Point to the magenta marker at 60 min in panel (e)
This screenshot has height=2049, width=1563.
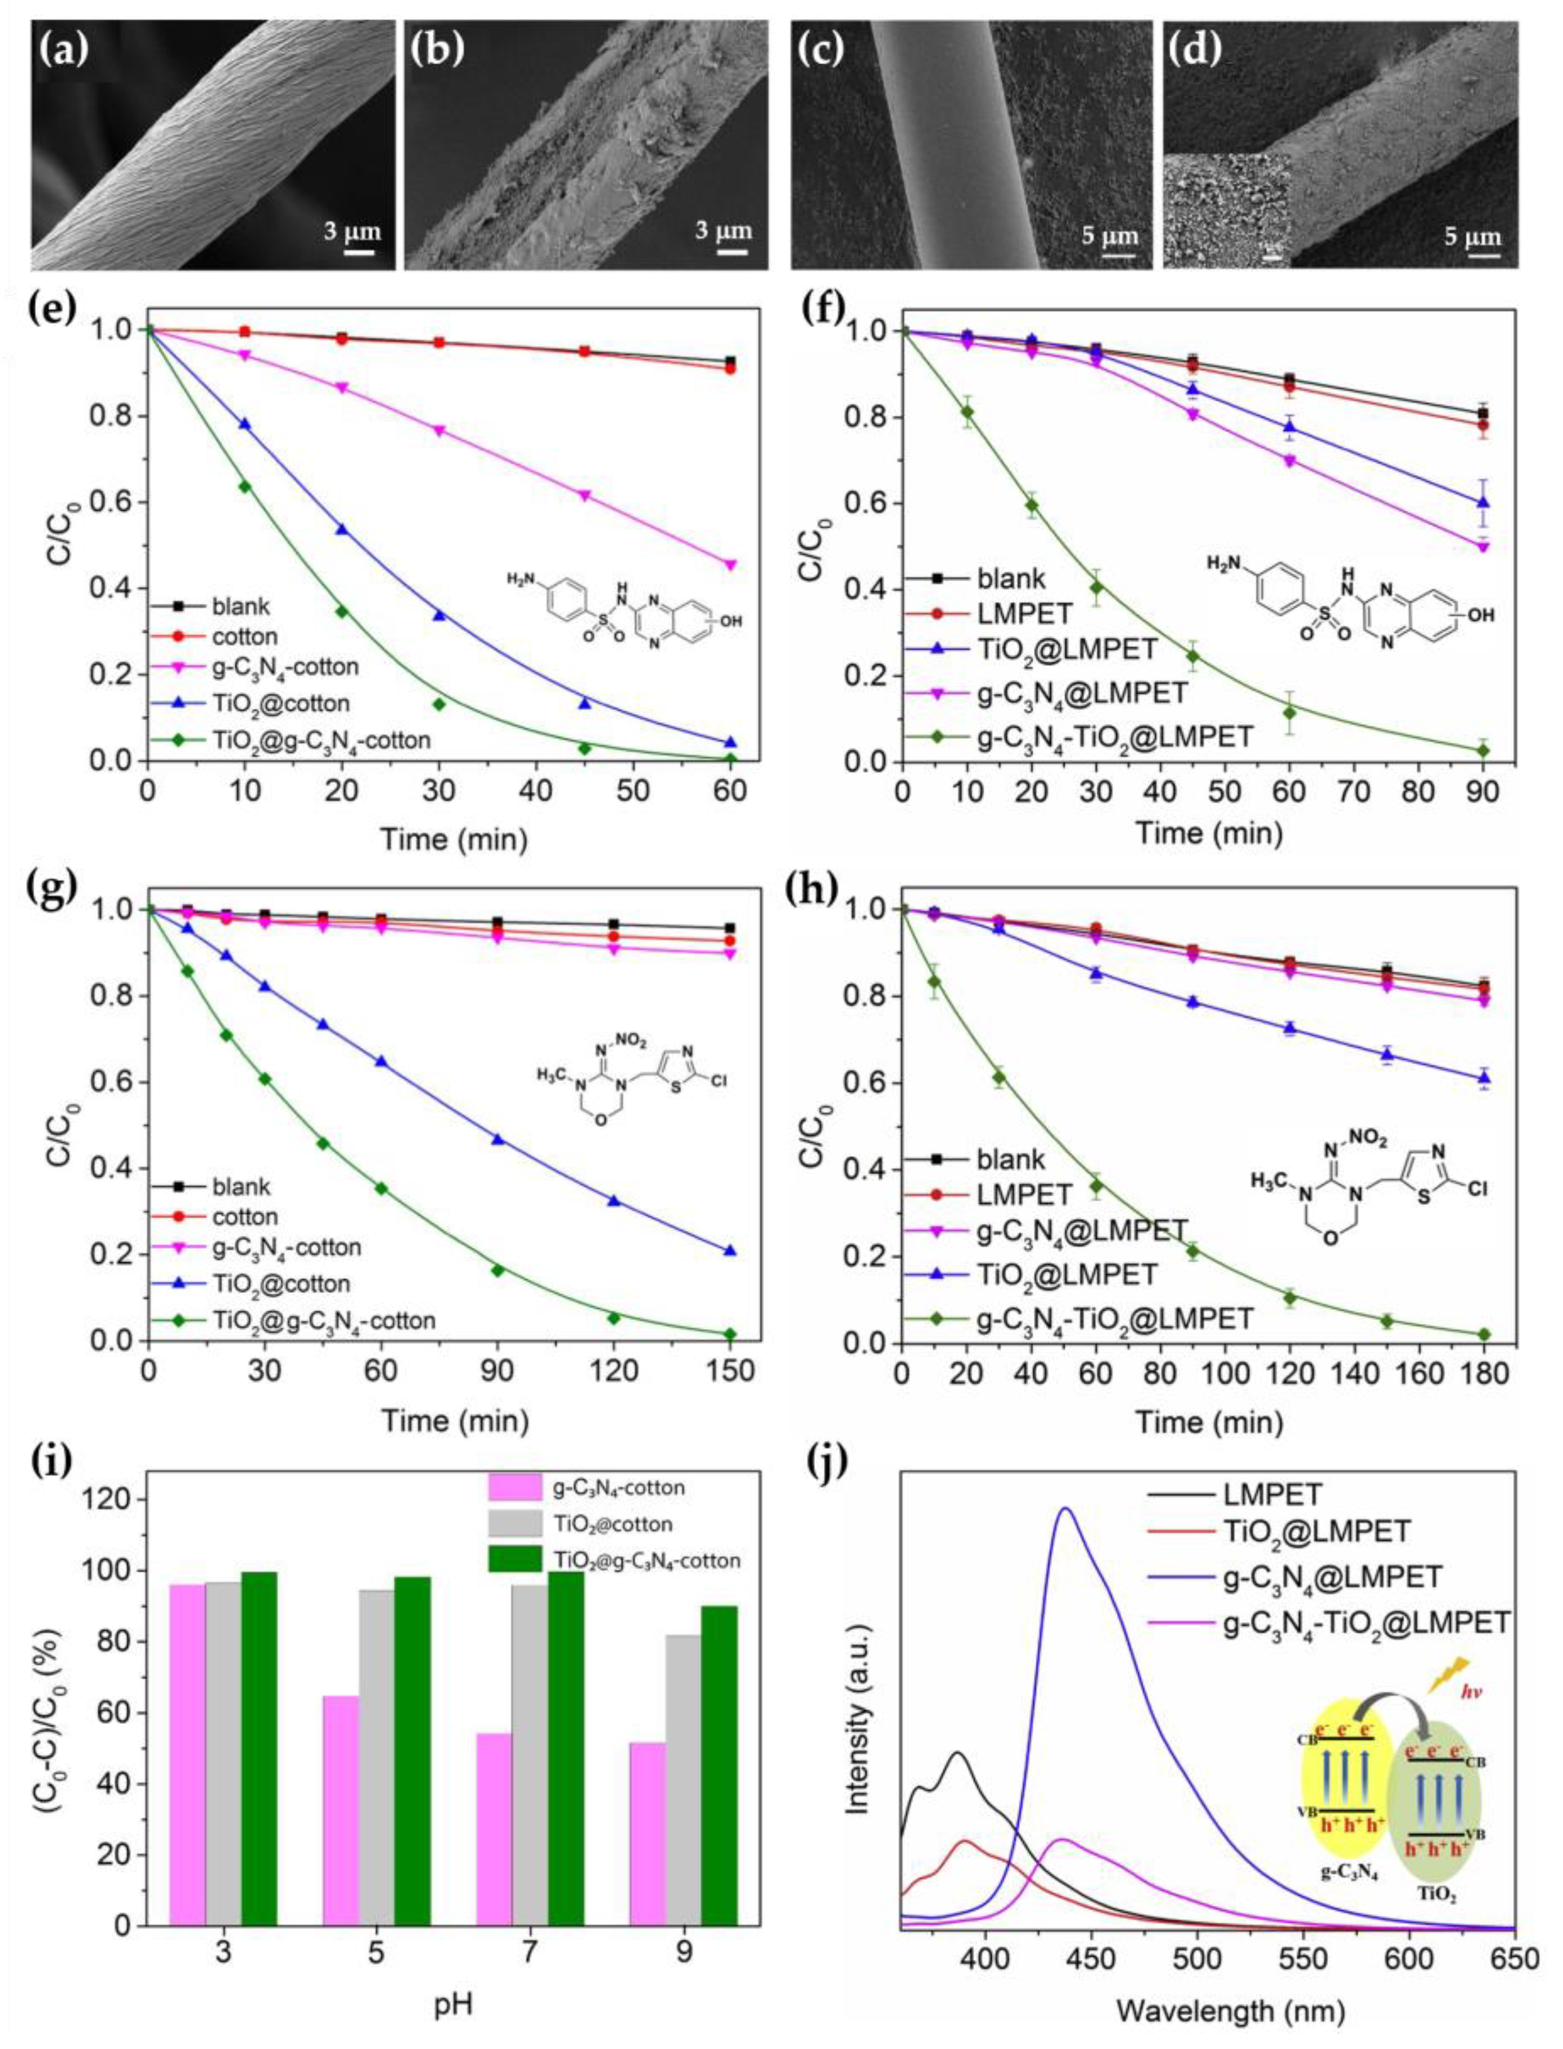pyautogui.click(x=730, y=564)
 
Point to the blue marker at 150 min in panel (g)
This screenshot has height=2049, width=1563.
pyautogui.click(x=730, y=1251)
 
